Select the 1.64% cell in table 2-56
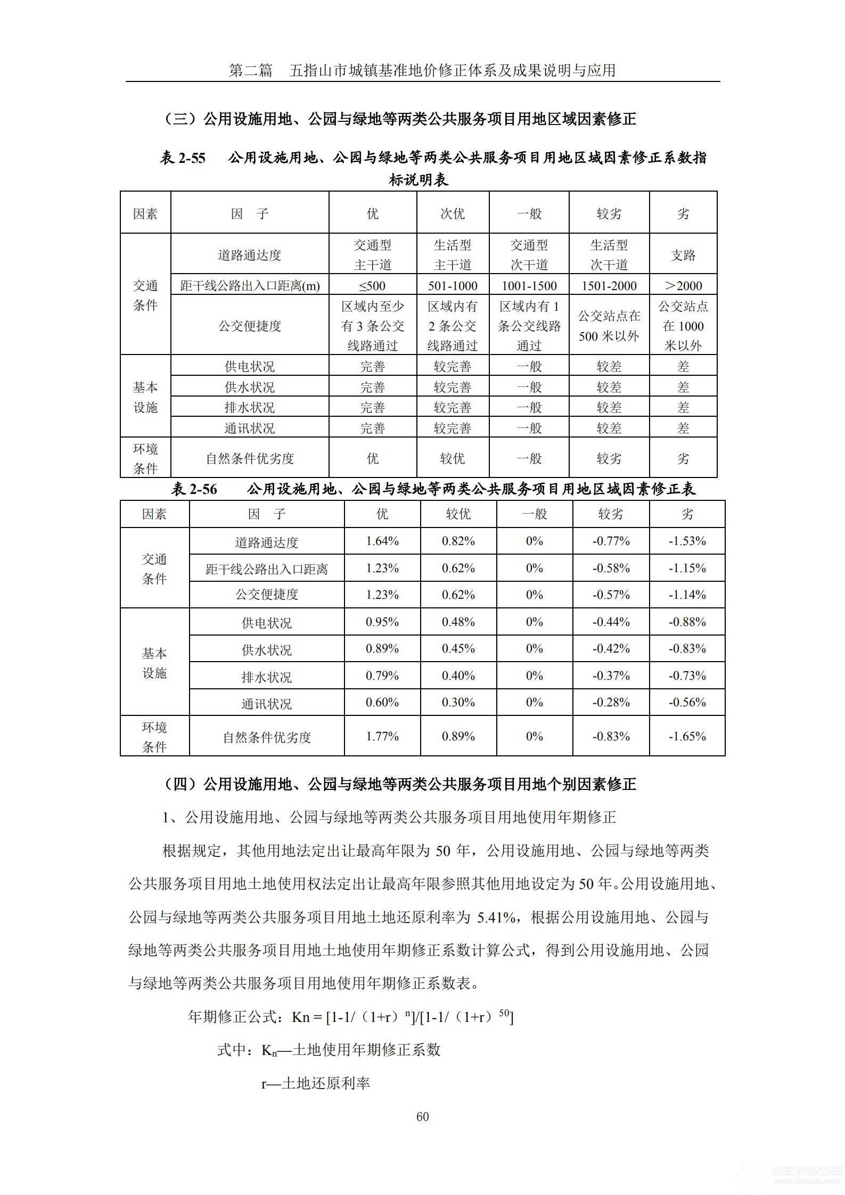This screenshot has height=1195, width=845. coord(382,541)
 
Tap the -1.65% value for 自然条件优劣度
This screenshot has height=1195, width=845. coord(687,736)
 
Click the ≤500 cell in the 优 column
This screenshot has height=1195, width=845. coord(372,286)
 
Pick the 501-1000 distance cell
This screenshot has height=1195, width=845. coord(453,286)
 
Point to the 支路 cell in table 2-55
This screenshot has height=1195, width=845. coord(683,255)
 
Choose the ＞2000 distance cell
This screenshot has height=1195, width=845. coord(683,286)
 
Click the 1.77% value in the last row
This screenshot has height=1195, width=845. coord(382,736)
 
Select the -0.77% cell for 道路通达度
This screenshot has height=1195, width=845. coord(611,541)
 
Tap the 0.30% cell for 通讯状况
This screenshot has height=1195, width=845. coord(458,702)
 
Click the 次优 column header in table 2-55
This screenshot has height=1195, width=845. coord(453,213)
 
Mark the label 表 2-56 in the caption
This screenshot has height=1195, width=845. coord(194,489)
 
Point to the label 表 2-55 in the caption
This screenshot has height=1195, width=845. coord(183,158)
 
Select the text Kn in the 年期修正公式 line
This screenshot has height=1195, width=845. coord(300,1017)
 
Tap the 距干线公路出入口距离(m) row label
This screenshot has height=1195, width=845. coord(250,286)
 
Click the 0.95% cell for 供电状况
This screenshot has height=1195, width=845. coord(382,622)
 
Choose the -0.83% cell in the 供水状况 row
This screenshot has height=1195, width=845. coord(687,648)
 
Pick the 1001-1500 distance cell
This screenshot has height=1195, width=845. coord(529,286)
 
